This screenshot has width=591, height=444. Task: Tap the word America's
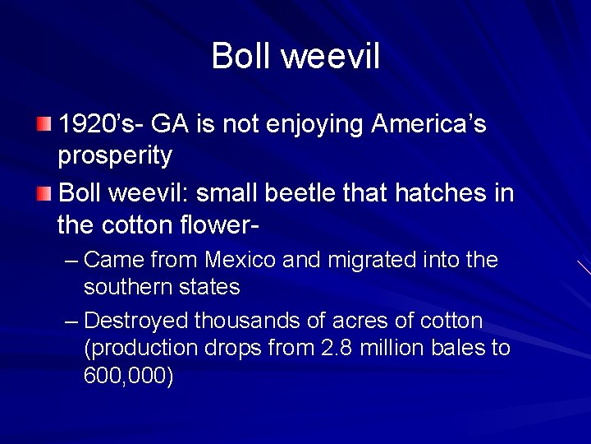429,125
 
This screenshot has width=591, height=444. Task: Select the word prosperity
115,155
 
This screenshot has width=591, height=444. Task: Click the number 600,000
128,377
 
